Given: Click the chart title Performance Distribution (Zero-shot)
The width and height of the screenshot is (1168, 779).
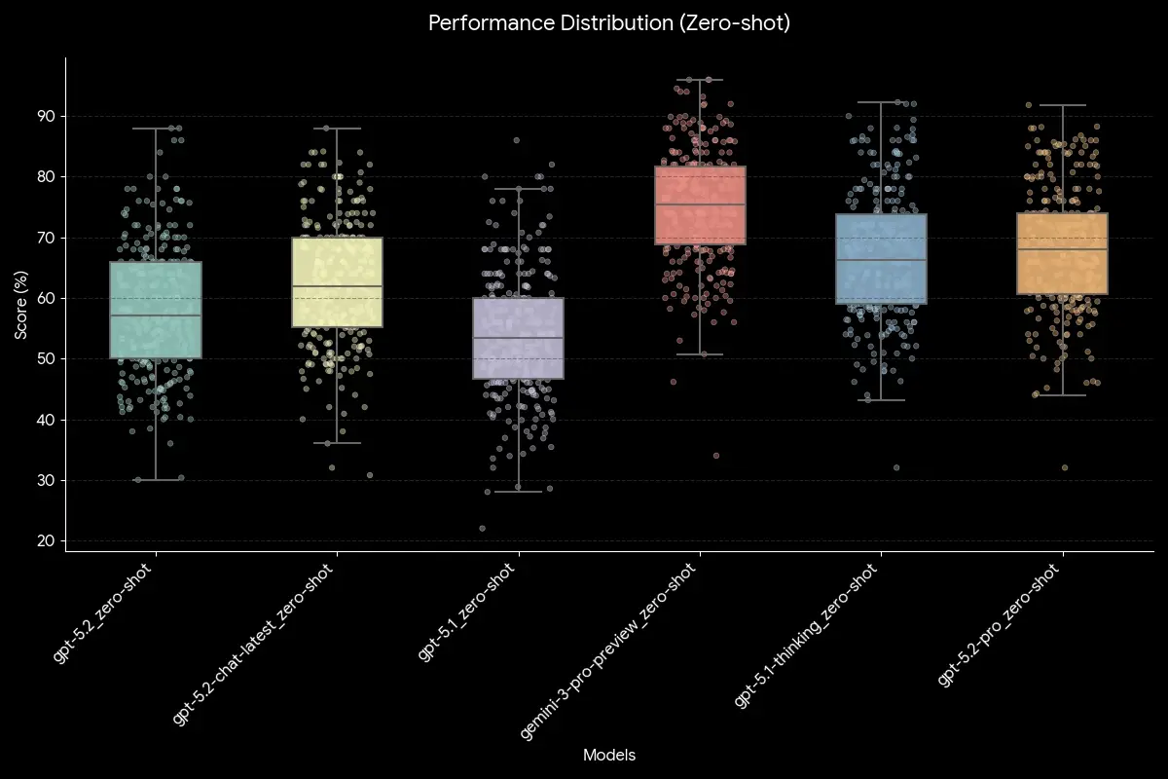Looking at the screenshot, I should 609,23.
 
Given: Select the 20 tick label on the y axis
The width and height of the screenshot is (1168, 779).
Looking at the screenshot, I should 46,541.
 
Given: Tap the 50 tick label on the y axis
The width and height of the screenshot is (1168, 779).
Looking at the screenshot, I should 46,359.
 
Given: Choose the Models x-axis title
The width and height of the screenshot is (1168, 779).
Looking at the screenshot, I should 609,755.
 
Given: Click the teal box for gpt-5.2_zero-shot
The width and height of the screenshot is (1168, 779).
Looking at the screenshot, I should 156,310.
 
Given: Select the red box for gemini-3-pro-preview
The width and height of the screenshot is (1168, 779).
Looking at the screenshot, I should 700,204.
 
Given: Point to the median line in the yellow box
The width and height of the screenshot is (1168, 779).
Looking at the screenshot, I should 337,286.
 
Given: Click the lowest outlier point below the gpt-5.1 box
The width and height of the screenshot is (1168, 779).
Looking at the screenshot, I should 482,529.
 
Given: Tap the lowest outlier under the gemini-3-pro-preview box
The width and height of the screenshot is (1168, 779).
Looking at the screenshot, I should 716,456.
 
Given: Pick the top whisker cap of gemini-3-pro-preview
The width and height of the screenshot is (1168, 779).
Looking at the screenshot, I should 700,80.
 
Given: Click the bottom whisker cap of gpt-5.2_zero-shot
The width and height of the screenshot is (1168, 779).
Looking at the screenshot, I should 156,480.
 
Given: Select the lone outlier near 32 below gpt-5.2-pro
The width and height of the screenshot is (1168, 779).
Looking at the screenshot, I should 1065,467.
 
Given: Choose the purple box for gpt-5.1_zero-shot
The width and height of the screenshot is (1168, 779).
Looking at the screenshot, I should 518,338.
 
